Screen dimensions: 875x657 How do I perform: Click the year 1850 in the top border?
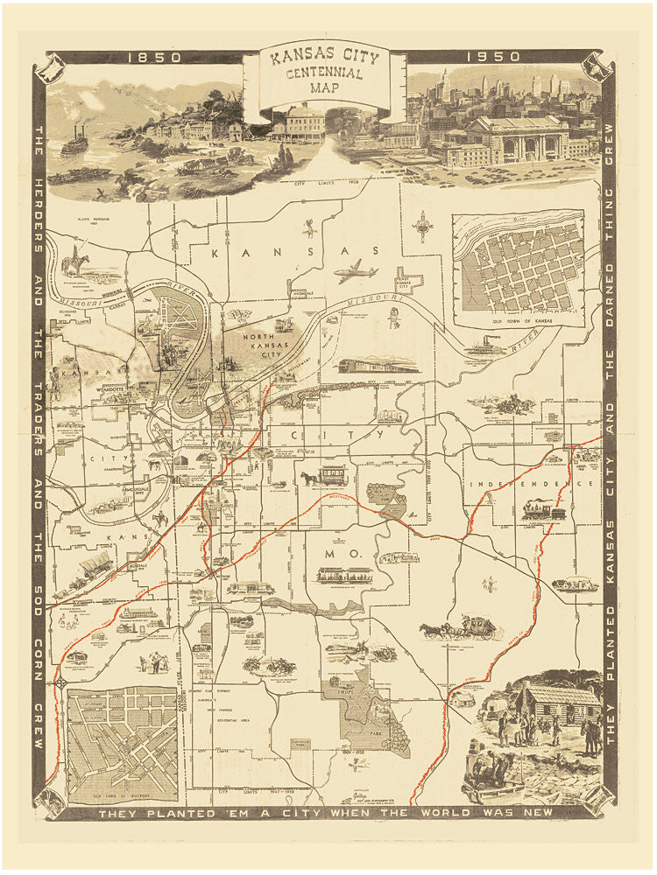154,57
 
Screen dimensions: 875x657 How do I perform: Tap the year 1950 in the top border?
493,57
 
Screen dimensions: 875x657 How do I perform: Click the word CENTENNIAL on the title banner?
324,73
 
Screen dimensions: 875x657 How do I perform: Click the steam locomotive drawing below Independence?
544,510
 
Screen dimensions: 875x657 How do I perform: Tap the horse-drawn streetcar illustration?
325,476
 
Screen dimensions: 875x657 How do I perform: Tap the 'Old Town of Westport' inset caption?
123,795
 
